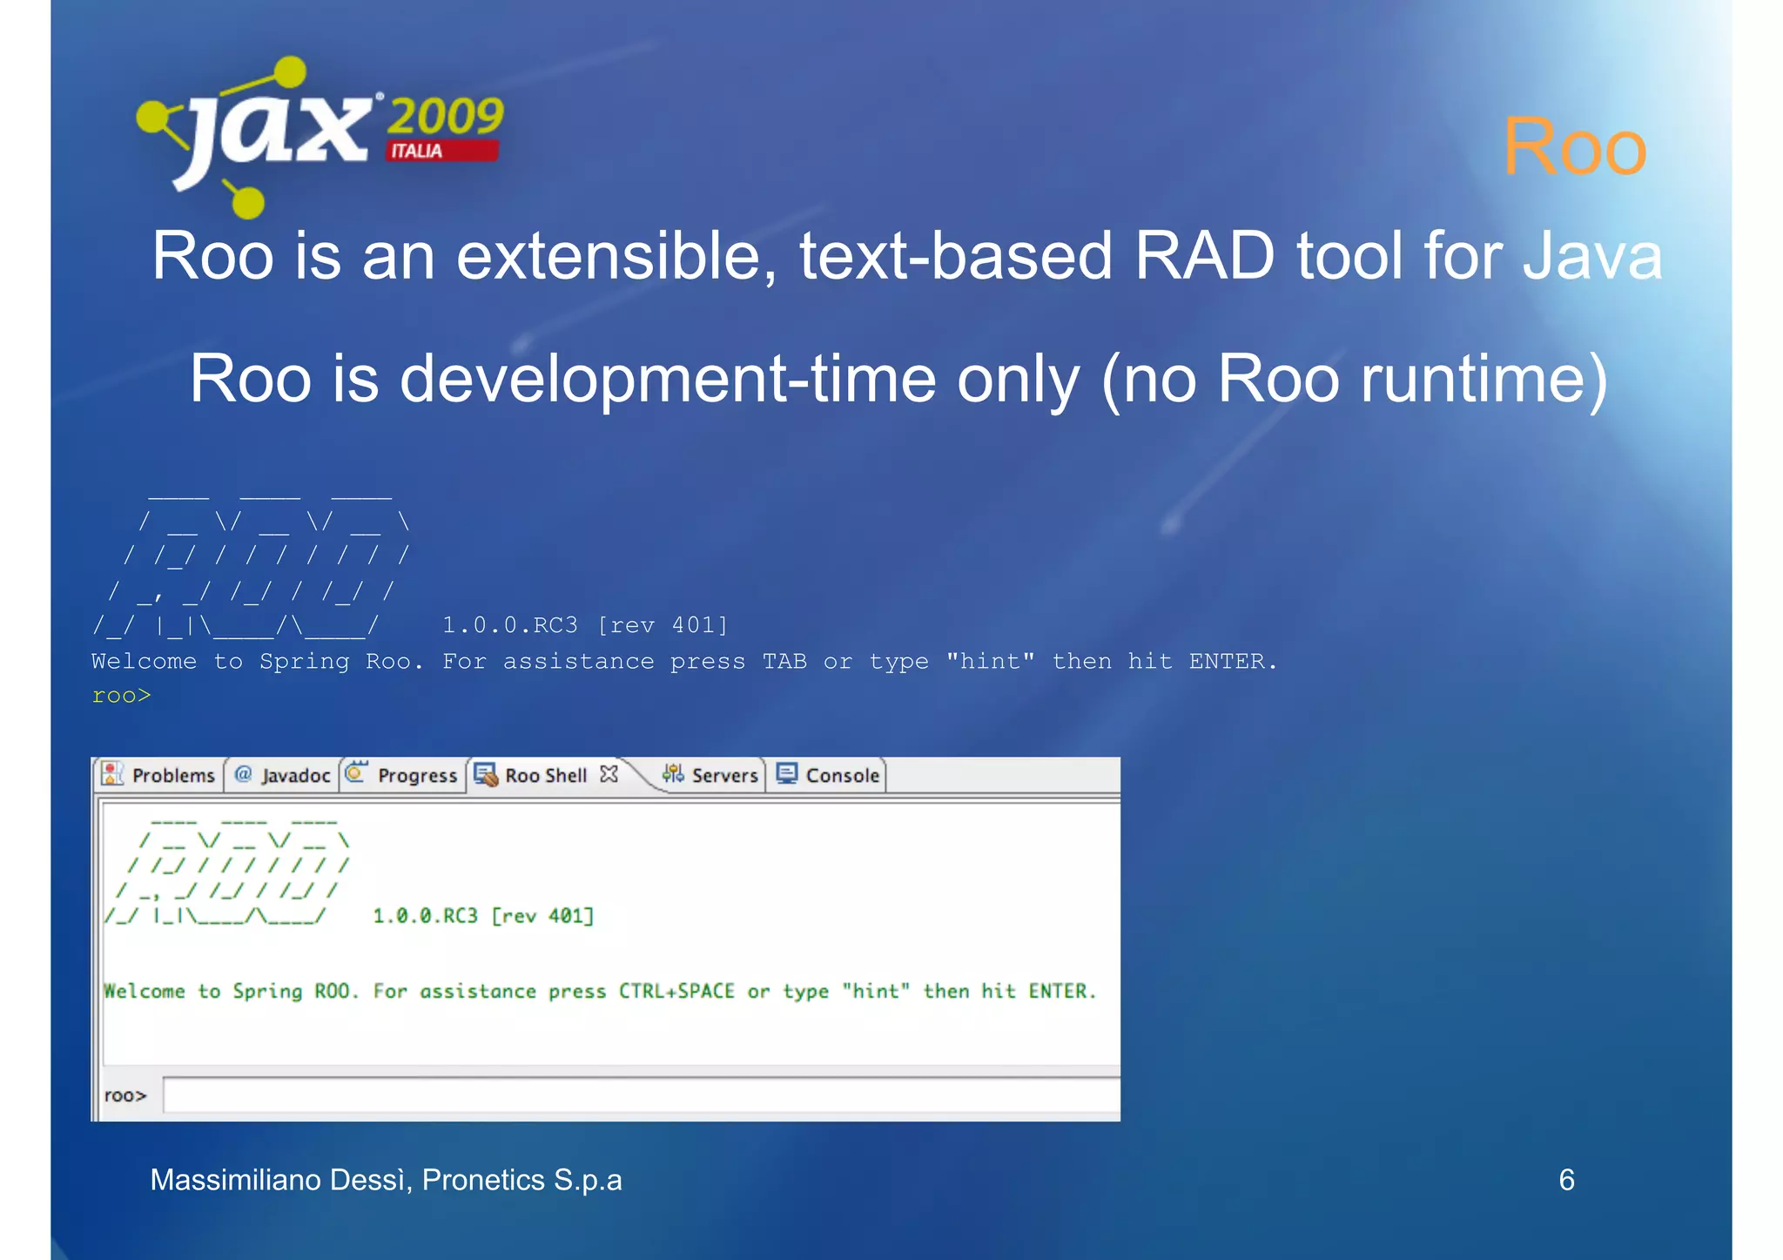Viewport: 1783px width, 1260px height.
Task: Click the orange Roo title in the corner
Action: (1574, 146)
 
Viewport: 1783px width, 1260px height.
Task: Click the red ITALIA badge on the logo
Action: (442, 151)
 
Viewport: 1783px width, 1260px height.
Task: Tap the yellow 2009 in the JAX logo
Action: (444, 116)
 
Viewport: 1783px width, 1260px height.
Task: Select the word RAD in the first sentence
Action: (1205, 256)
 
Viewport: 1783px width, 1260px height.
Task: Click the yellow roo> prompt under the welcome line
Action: (121, 696)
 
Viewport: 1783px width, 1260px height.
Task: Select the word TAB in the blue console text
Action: (784, 662)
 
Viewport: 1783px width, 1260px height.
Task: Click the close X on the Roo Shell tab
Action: (609, 773)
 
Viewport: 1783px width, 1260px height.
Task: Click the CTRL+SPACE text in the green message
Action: (676, 991)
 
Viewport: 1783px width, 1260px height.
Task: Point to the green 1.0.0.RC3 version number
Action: (425, 916)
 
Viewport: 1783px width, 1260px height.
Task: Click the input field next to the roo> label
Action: (640, 1095)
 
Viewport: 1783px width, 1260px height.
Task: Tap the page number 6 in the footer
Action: (1566, 1180)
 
